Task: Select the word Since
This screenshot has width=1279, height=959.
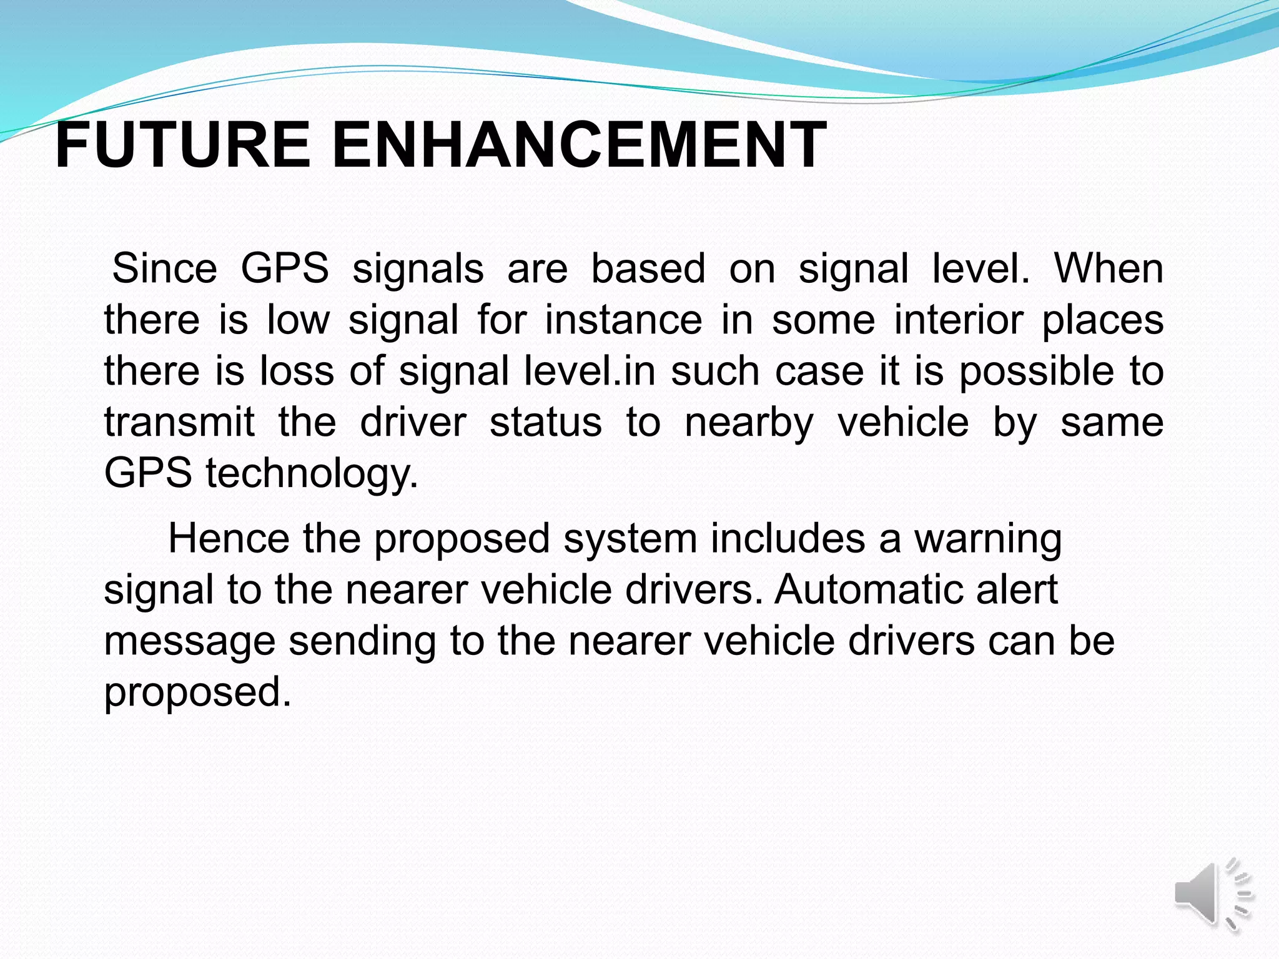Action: pos(165,268)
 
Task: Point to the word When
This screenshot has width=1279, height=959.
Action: pos(1109,268)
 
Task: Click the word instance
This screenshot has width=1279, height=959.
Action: pos(623,320)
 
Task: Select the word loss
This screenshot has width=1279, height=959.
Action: pos(297,371)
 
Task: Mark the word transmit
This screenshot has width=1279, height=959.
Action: pos(180,422)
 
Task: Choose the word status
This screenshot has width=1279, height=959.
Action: pos(546,422)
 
